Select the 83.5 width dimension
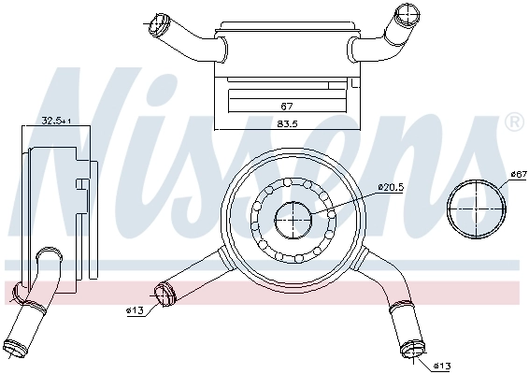pos(287,124)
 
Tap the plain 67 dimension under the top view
pos(287,106)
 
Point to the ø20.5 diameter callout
pos(391,187)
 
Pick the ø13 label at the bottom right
pos(442,365)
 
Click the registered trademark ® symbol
pos(513,122)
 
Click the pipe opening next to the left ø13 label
pos(165,295)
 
